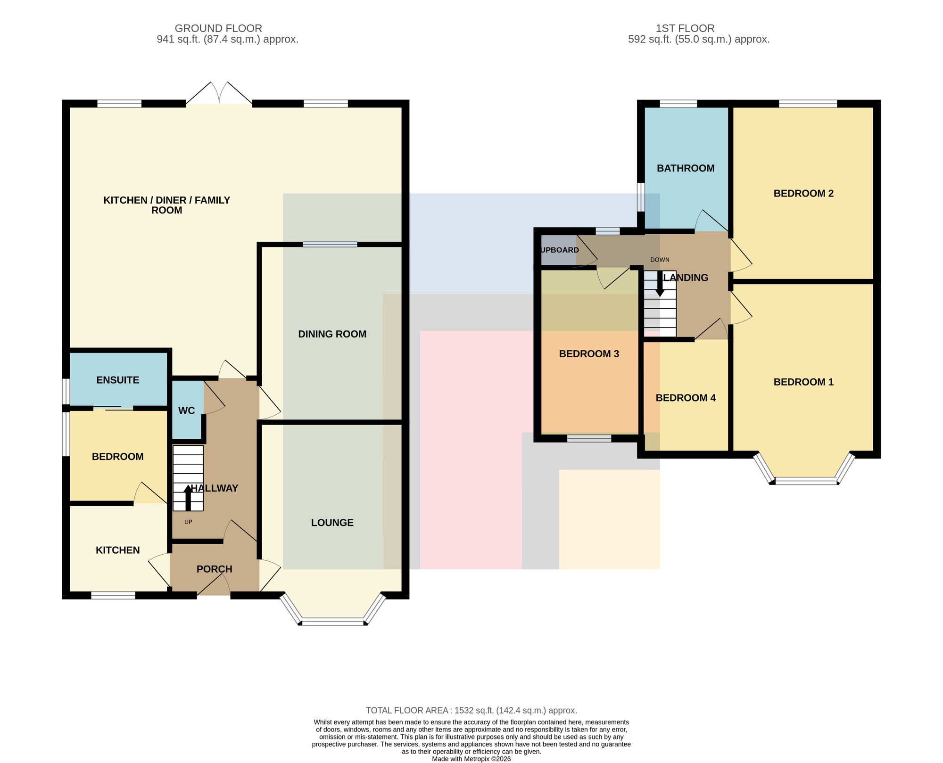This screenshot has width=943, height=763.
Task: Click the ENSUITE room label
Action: point(118,380)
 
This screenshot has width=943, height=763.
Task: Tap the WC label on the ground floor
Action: point(186,410)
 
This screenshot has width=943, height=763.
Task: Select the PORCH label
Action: point(215,569)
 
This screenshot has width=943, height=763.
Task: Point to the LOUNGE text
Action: point(332,522)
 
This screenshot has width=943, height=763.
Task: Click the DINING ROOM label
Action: point(332,334)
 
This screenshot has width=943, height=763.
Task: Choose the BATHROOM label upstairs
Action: point(686,168)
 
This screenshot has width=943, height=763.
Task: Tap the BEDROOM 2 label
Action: point(803,193)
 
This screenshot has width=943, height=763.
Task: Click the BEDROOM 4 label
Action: point(686,398)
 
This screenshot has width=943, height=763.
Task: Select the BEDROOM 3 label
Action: point(589,353)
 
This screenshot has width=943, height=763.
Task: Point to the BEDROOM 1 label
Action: point(803,382)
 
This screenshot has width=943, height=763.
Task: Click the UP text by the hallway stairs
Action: point(188,522)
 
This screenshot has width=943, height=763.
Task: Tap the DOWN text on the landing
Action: point(660,260)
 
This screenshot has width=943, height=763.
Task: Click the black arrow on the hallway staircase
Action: point(188,498)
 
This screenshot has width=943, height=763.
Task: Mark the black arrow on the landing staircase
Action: point(660,284)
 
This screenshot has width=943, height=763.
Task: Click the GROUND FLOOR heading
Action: point(218,28)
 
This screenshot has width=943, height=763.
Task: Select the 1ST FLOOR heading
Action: point(685,28)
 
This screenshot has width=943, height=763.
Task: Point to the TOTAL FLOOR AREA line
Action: point(471,710)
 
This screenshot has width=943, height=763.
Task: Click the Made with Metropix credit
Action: point(471,759)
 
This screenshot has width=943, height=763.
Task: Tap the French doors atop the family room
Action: point(219,93)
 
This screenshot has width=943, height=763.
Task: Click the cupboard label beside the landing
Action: point(560,250)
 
